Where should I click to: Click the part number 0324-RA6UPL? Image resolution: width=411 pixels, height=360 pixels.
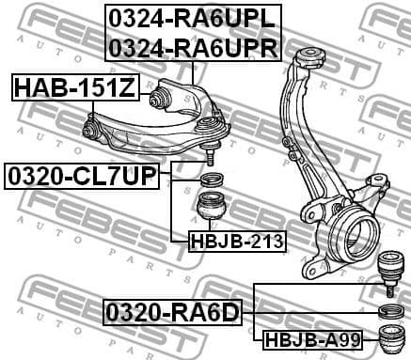click(x=193, y=18)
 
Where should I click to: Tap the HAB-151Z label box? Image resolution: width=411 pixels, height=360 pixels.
click(x=74, y=88)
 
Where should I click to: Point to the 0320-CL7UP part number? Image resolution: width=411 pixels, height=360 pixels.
click(x=82, y=175)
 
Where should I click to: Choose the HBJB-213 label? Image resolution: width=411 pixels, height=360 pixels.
click(x=236, y=242)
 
